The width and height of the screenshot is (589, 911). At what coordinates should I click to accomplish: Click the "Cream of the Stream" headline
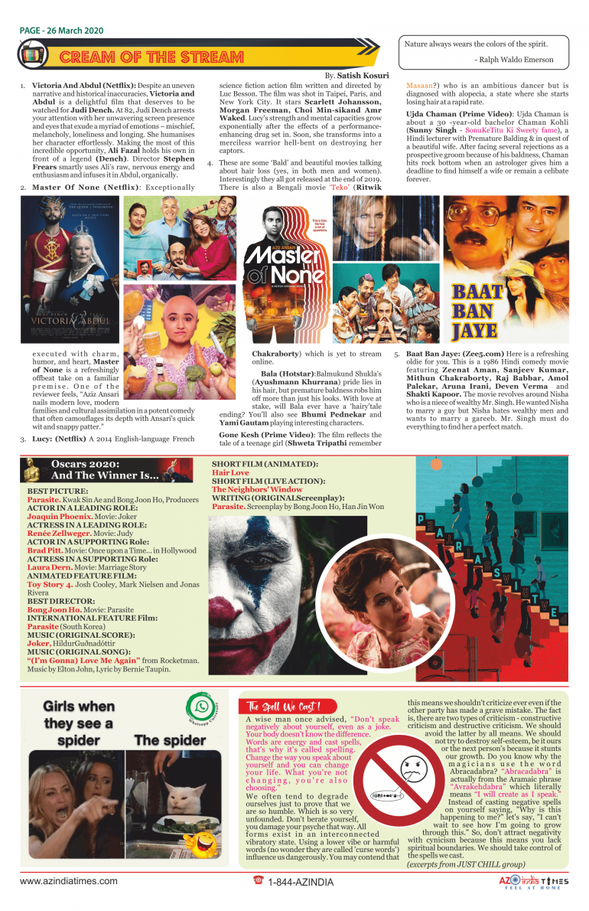pos(151,57)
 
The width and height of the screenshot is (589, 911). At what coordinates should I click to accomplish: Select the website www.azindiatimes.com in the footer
pos(69,880)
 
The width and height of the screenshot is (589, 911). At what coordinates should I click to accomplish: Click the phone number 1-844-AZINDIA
pos(294,881)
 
